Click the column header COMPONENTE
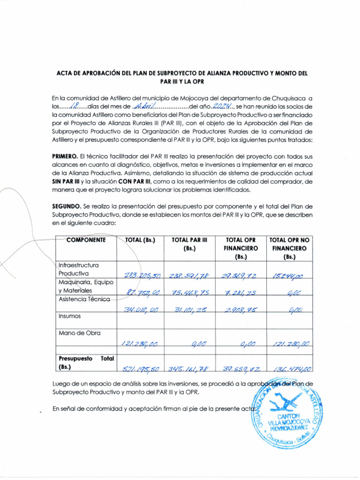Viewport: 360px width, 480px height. pyautogui.click(x=86, y=240)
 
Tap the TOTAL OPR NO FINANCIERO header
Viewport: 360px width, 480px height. pyautogui.click(x=290, y=248)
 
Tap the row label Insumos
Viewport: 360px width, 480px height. pyautogui.click(x=69, y=316)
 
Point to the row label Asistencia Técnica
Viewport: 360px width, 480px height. pyautogui.click(x=84, y=299)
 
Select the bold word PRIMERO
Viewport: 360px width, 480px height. pyautogui.click(x=65, y=156)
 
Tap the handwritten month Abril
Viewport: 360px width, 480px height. pyautogui.click(x=144, y=106)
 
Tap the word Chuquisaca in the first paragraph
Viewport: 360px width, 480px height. pyautogui.click(x=289, y=98)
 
